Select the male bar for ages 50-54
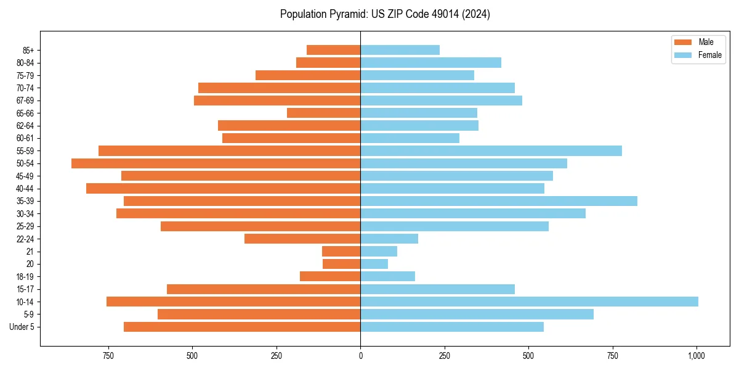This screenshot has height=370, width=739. (216, 163)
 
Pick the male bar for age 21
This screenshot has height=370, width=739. (341, 252)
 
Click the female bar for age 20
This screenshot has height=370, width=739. (374, 264)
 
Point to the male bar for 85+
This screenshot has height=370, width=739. (334, 50)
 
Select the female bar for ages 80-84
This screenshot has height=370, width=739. (431, 63)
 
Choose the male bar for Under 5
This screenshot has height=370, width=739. (242, 327)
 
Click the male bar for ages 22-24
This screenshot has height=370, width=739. (302, 239)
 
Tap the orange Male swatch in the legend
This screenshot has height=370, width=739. (683, 42)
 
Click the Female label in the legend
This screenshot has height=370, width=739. (709, 55)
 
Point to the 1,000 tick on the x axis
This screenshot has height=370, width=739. (697, 356)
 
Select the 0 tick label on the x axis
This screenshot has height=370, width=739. (360, 356)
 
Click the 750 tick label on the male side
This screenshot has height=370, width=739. (108, 356)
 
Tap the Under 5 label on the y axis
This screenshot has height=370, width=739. (22, 327)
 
